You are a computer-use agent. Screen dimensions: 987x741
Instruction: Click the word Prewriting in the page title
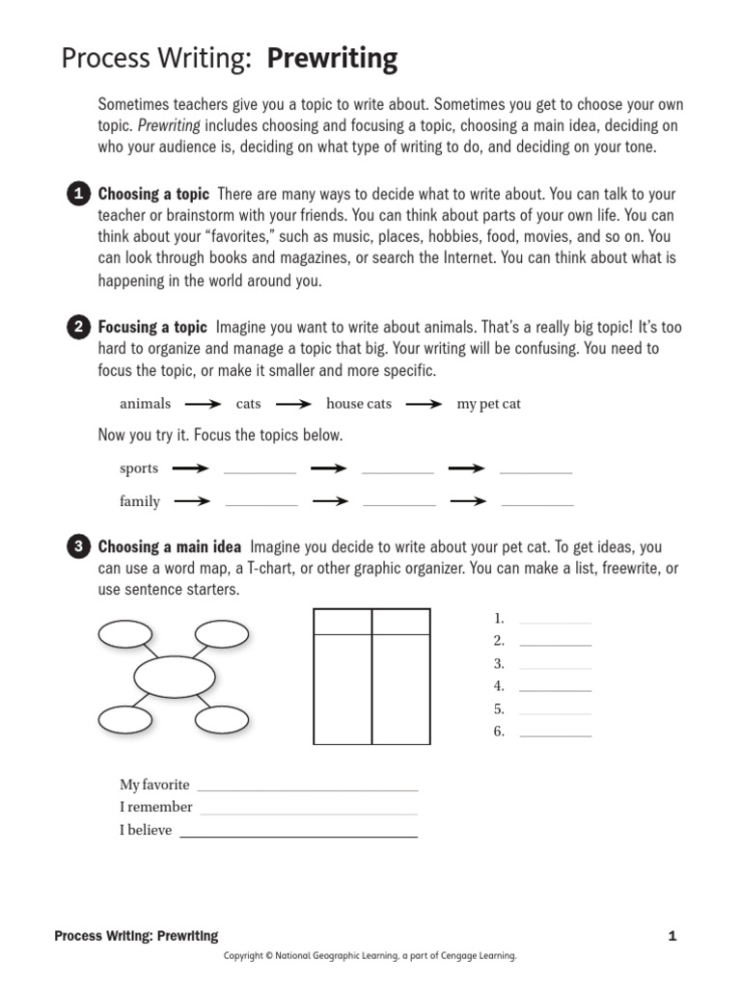tap(332, 60)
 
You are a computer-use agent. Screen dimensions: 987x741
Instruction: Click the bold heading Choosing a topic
tap(153, 195)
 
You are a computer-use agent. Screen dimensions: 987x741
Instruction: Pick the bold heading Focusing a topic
tap(152, 328)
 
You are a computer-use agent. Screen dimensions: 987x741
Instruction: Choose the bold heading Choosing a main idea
tap(170, 547)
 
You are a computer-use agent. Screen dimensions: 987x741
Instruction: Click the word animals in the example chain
tap(145, 404)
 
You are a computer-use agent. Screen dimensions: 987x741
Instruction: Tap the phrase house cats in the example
tap(359, 404)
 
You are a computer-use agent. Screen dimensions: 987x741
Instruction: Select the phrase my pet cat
tap(488, 404)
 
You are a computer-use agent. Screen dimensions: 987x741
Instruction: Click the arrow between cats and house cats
tap(292, 405)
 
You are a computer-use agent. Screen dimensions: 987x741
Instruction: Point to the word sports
tap(139, 468)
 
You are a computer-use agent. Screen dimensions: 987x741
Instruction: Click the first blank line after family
tap(261, 503)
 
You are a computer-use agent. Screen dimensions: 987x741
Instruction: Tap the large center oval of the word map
tap(175, 676)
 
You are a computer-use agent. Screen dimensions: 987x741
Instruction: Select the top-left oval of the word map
tap(125, 633)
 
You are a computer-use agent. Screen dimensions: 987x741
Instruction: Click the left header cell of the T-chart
tap(343, 622)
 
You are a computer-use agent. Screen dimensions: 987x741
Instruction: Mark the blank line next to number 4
tap(555, 689)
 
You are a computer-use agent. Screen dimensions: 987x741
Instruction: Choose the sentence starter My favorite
tap(154, 785)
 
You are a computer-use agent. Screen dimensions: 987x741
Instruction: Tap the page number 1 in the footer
tap(672, 936)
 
